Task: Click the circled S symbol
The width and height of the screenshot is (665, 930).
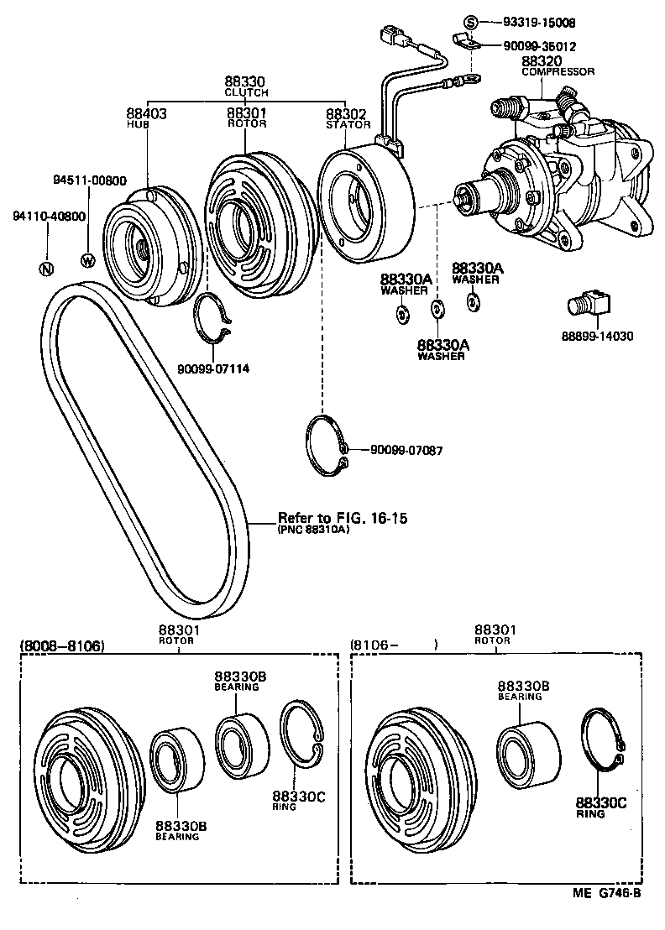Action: [471, 22]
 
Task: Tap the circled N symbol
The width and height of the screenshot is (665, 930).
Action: [46, 269]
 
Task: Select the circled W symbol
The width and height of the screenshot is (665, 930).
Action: [87, 259]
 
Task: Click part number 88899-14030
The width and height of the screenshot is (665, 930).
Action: [597, 336]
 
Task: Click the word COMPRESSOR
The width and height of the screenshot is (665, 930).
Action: [558, 72]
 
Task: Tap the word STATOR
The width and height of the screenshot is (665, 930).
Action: [348, 124]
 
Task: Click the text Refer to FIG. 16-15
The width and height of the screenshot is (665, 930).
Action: [342, 518]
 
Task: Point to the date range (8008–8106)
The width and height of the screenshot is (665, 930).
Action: [61, 645]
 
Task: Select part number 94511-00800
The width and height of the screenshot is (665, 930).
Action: [90, 180]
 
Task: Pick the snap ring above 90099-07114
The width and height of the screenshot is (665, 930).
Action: [212, 318]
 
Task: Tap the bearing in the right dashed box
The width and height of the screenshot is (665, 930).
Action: [526, 753]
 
